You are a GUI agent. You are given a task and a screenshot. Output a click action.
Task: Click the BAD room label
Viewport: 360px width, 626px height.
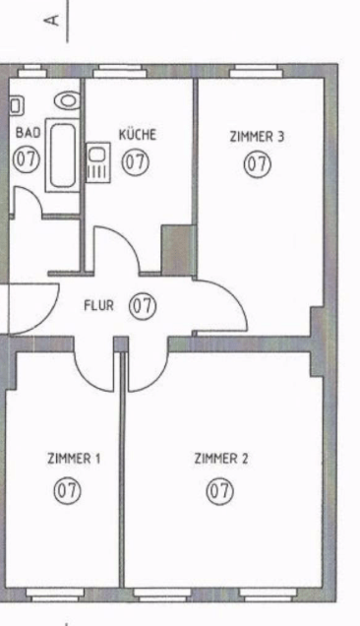coord(28,133)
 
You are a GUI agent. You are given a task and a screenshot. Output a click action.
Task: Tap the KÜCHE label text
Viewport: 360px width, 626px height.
coord(138,135)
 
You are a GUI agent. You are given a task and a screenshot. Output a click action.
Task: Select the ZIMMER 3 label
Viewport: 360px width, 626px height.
coord(257,137)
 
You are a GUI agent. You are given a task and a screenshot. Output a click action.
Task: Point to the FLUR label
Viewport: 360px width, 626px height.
coord(99,306)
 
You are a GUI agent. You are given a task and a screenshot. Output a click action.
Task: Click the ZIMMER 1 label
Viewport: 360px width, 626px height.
coord(74,459)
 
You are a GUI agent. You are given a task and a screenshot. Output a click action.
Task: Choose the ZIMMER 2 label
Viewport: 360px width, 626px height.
coord(221,459)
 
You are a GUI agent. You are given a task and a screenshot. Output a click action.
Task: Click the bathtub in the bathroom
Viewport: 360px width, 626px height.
coord(63,156)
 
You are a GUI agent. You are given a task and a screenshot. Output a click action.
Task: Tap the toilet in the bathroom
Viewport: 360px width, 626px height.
coord(68,100)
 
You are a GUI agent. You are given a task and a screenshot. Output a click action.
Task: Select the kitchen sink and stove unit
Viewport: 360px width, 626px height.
coord(98,162)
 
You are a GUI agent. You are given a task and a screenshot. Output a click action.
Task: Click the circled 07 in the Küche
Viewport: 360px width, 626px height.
coord(136,162)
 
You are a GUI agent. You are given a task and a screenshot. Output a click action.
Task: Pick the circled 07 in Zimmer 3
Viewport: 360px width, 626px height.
coord(258,164)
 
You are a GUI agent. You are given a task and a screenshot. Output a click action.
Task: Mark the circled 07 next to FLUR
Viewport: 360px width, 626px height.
coord(143,307)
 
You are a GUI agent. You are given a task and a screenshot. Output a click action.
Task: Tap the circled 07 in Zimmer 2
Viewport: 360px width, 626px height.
coord(220,491)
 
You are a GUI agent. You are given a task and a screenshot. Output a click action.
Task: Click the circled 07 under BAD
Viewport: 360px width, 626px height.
coord(27,158)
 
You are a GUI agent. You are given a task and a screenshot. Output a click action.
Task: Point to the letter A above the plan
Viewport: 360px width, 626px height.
coord(54,20)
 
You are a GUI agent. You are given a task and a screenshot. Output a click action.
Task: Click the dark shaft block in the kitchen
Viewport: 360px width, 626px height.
coord(178,250)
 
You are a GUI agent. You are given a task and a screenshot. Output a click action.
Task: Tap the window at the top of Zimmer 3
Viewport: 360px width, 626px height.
coord(257,71)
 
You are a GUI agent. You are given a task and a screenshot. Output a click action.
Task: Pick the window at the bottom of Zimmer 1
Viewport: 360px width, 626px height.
coord(55,595)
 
